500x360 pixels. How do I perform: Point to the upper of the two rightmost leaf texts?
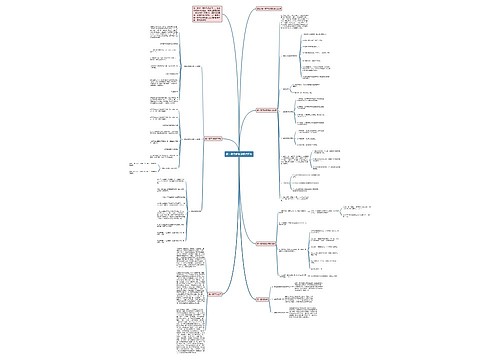(x=355, y=208)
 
